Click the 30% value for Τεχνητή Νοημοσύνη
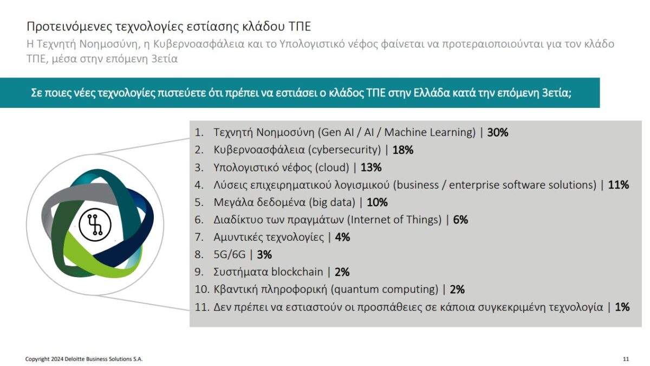point(498,132)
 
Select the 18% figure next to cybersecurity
point(403,150)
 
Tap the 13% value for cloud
point(371,168)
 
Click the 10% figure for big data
point(377,202)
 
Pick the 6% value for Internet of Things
point(460,220)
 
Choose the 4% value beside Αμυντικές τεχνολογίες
point(342,237)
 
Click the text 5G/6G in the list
point(230,255)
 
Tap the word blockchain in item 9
point(297,272)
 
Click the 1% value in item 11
point(622,307)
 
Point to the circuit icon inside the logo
point(95,224)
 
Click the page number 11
point(626,359)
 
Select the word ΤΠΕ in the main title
point(300,27)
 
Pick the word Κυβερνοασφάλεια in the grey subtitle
point(199,44)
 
